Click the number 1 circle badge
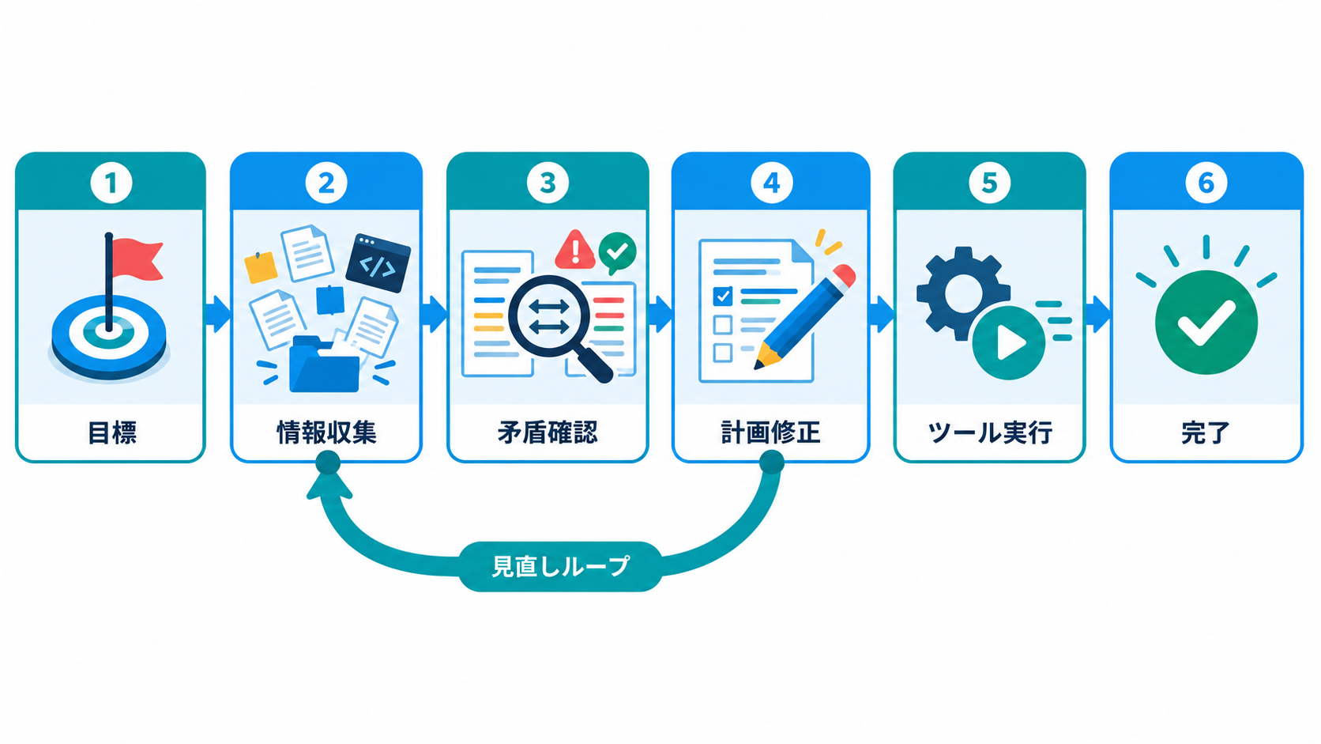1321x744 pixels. tap(111, 183)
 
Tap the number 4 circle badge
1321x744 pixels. tap(771, 183)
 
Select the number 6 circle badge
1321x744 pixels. tap(1206, 183)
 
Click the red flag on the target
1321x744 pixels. tap(137, 259)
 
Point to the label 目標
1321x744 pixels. tap(112, 432)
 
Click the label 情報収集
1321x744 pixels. tap(326, 432)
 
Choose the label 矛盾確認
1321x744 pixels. tap(548, 432)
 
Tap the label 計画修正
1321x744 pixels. tap(771, 432)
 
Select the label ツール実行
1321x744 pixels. tap(990, 432)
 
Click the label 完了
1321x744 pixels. tap(1206, 432)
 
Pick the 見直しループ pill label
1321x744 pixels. tap(560, 566)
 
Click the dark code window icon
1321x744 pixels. tap(378, 263)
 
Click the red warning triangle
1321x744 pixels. tap(575, 250)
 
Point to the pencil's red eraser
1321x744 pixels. tap(845, 275)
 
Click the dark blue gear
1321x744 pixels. tap(962, 293)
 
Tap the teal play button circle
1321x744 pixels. tap(1008, 342)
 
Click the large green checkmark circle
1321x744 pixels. tap(1206, 322)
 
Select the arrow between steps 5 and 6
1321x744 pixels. tap(1098, 314)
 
